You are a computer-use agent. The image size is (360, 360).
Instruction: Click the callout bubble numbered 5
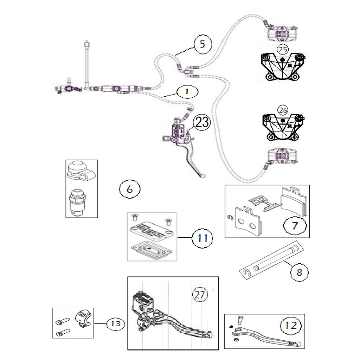tap(203, 44)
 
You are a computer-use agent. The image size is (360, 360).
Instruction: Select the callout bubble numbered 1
tap(187, 92)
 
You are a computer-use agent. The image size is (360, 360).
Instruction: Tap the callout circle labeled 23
tap(202, 122)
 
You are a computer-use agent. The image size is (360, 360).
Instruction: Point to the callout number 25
tap(283, 50)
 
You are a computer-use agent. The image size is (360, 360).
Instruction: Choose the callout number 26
tap(283, 110)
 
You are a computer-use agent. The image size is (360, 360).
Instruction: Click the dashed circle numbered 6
tap(130, 189)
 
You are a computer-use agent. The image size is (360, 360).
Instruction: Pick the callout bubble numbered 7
tap(295, 226)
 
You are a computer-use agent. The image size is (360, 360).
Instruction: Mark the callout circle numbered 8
tap(300, 272)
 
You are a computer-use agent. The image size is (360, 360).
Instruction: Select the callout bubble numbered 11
tap(202, 238)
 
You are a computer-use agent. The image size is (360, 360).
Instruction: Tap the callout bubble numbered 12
tap(291, 326)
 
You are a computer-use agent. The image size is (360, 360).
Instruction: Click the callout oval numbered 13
tap(116, 324)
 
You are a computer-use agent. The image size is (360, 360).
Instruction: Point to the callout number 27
tap(200, 295)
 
